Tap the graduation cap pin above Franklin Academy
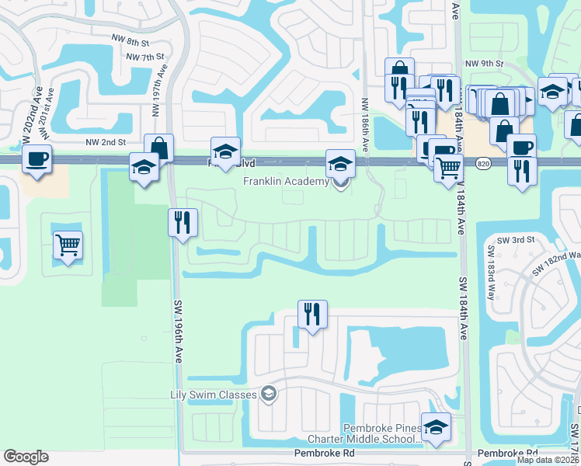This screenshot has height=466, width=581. (x=339, y=165)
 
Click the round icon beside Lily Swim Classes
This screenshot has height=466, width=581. (x=269, y=395)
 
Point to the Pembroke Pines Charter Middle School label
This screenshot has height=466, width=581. (x=382, y=434)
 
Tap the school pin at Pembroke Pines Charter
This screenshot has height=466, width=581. (x=436, y=428)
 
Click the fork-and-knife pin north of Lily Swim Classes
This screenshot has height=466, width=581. (x=312, y=315)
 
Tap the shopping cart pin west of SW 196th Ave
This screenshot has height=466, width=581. (x=68, y=246)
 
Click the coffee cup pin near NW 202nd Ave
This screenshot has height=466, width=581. (x=37, y=160)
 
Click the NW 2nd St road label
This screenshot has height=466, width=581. (x=105, y=143)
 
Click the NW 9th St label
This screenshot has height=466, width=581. (x=485, y=64)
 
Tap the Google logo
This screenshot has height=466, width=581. (x=26, y=457)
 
